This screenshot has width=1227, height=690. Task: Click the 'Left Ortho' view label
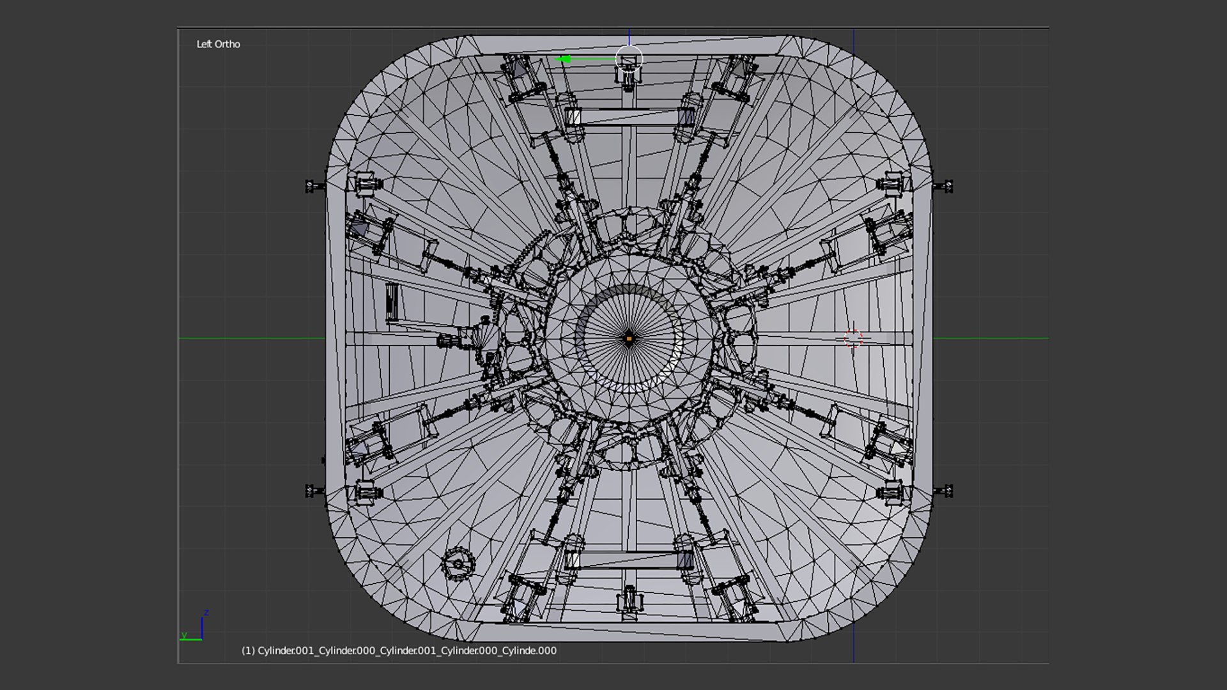pyautogui.click(x=218, y=44)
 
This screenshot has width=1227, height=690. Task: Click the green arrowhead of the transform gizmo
pyautogui.click(x=564, y=59)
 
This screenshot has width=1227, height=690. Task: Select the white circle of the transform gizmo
pyautogui.click(x=629, y=59)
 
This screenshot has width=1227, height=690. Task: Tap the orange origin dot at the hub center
pyautogui.click(x=629, y=339)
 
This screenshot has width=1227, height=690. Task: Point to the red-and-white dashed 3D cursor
pyautogui.click(x=853, y=339)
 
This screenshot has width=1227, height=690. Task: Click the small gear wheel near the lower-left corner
pyautogui.click(x=458, y=563)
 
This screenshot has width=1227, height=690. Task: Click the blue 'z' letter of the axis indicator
pyautogui.click(x=206, y=613)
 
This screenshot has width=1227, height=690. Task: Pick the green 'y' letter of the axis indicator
pyautogui.click(x=184, y=635)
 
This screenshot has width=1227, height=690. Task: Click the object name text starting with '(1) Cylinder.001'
pyautogui.click(x=399, y=650)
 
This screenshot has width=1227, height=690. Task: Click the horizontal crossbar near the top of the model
pyautogui.click(x=629, y=118)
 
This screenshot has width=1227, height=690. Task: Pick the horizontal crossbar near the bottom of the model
pyautogui.click(x=629, y=560)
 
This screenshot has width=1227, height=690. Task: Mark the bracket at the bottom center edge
pyautogui.click(x=629, y=601)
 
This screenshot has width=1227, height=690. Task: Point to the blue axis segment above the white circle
pyautogui.click(x=629, y=36)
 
